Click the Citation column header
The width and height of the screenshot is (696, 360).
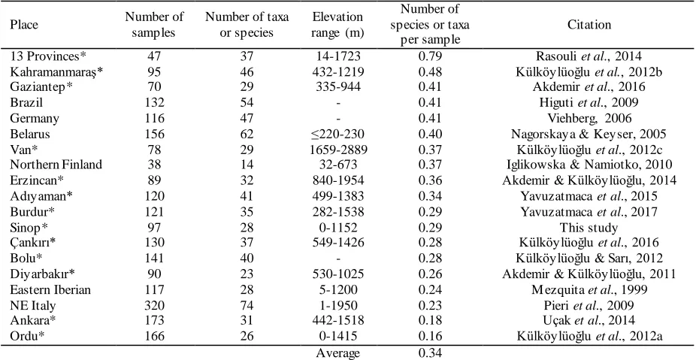[589, 24]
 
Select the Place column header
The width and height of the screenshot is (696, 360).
[24, 24]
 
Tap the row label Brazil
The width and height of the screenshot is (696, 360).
[26, 102]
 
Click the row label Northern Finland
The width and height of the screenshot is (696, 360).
[56, 165]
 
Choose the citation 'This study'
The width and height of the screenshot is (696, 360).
[589, 228]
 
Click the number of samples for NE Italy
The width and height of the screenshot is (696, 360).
[155, 306]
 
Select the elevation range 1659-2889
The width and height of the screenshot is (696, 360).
[338, 149]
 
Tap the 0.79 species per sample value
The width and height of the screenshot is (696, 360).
[430, 56]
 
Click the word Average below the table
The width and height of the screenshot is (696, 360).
[338, 354]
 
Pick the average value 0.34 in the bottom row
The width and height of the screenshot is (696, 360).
[430, 354]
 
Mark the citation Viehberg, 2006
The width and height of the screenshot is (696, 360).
[589, 118]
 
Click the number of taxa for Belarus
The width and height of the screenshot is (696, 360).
[247, 134]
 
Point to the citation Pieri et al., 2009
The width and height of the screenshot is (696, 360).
[589, 306]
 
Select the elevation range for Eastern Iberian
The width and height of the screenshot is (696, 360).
[338, 290]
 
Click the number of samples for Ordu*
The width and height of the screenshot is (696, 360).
[155, 337]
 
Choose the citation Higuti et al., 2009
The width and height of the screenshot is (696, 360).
[589, 102]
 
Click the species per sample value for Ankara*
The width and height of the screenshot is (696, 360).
[430, 320]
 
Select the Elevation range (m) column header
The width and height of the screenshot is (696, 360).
[337, 24]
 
